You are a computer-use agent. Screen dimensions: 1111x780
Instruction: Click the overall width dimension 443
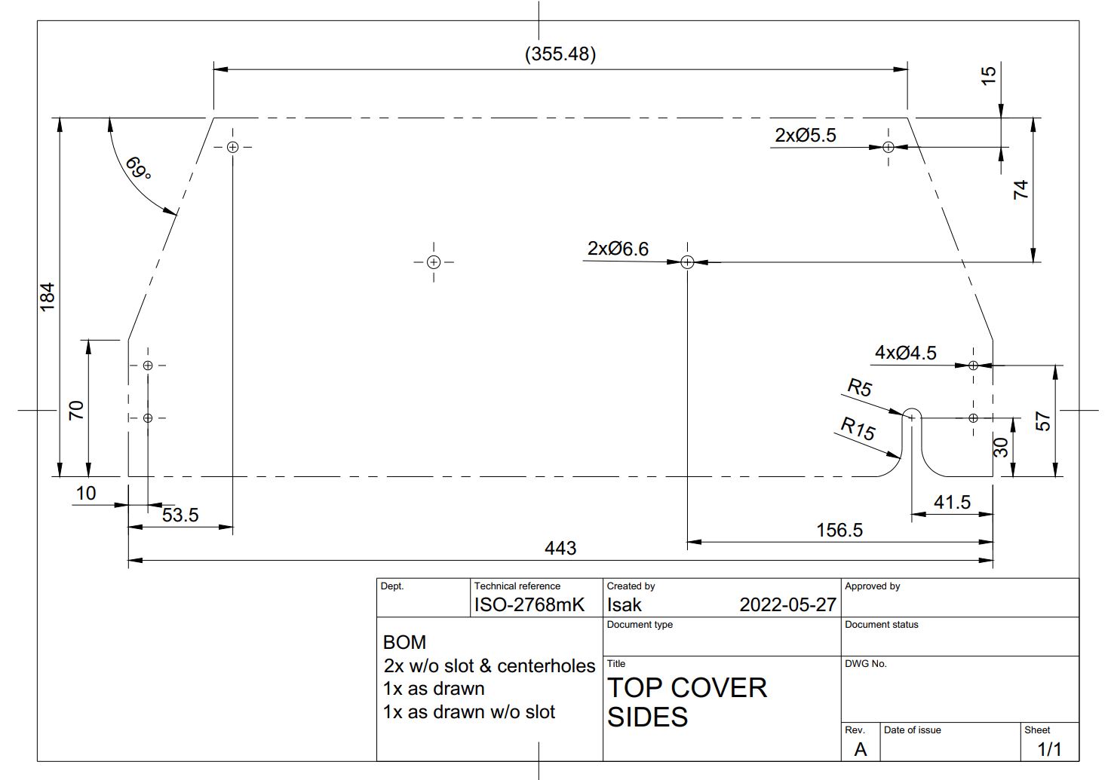coord(560,548)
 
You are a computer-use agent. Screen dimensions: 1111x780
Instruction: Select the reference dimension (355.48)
coord(560,54)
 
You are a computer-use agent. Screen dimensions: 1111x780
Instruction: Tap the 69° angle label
coord(138,169)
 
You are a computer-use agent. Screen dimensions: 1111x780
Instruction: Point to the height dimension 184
coord(47,297)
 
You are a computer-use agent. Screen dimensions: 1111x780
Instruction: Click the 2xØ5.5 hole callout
coord(806,135)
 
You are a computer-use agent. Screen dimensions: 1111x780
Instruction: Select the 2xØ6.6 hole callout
coord(618,248)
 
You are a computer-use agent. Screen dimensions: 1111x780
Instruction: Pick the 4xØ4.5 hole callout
coord(906,353)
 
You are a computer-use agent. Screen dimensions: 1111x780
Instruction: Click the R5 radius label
coord(860,387)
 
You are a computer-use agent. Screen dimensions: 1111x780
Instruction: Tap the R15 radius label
coord(858,429)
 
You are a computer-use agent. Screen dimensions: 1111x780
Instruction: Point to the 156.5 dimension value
coord(839,531)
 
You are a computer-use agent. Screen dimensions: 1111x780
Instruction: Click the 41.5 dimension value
coord(952,503)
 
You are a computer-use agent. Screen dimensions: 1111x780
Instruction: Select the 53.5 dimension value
coord(180,515)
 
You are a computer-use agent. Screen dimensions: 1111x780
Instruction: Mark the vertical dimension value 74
coord(1020,190)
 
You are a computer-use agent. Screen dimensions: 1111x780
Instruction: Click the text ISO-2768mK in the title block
coord(529,605)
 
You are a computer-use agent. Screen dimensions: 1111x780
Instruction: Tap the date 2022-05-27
coord(787,605)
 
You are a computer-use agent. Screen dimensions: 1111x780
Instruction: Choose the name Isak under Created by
coord(624,605)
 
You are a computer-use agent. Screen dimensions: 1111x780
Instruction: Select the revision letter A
coord(861,749)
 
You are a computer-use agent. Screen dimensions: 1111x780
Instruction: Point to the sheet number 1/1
coord(1049,749)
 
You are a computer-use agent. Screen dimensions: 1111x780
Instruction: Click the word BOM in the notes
coord(404,642)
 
